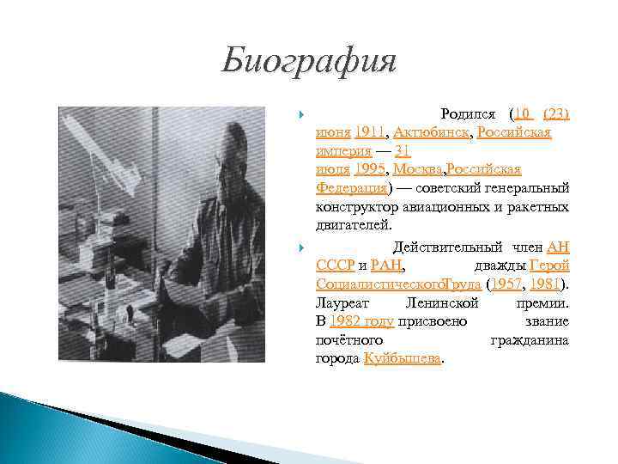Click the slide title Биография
(308, 62)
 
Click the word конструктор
(361, 206)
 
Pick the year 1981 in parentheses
(546, 284)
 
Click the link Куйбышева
(403, 358)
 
